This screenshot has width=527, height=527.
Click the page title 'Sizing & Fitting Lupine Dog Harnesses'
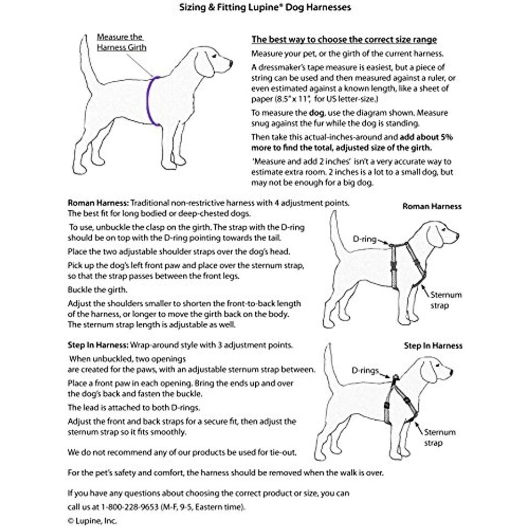tap(265, 8)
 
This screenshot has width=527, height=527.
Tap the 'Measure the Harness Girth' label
tap(121, 42)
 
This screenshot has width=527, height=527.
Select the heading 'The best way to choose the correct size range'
tap(344, 40)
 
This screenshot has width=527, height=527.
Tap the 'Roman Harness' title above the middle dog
tap(431, 206)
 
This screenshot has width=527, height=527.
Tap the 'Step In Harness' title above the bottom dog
tap(433, 346)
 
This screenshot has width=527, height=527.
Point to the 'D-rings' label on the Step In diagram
tap(365, 371)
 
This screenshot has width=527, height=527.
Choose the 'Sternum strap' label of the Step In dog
tap(439, 438)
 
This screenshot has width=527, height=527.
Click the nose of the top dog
tap(231, 64)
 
